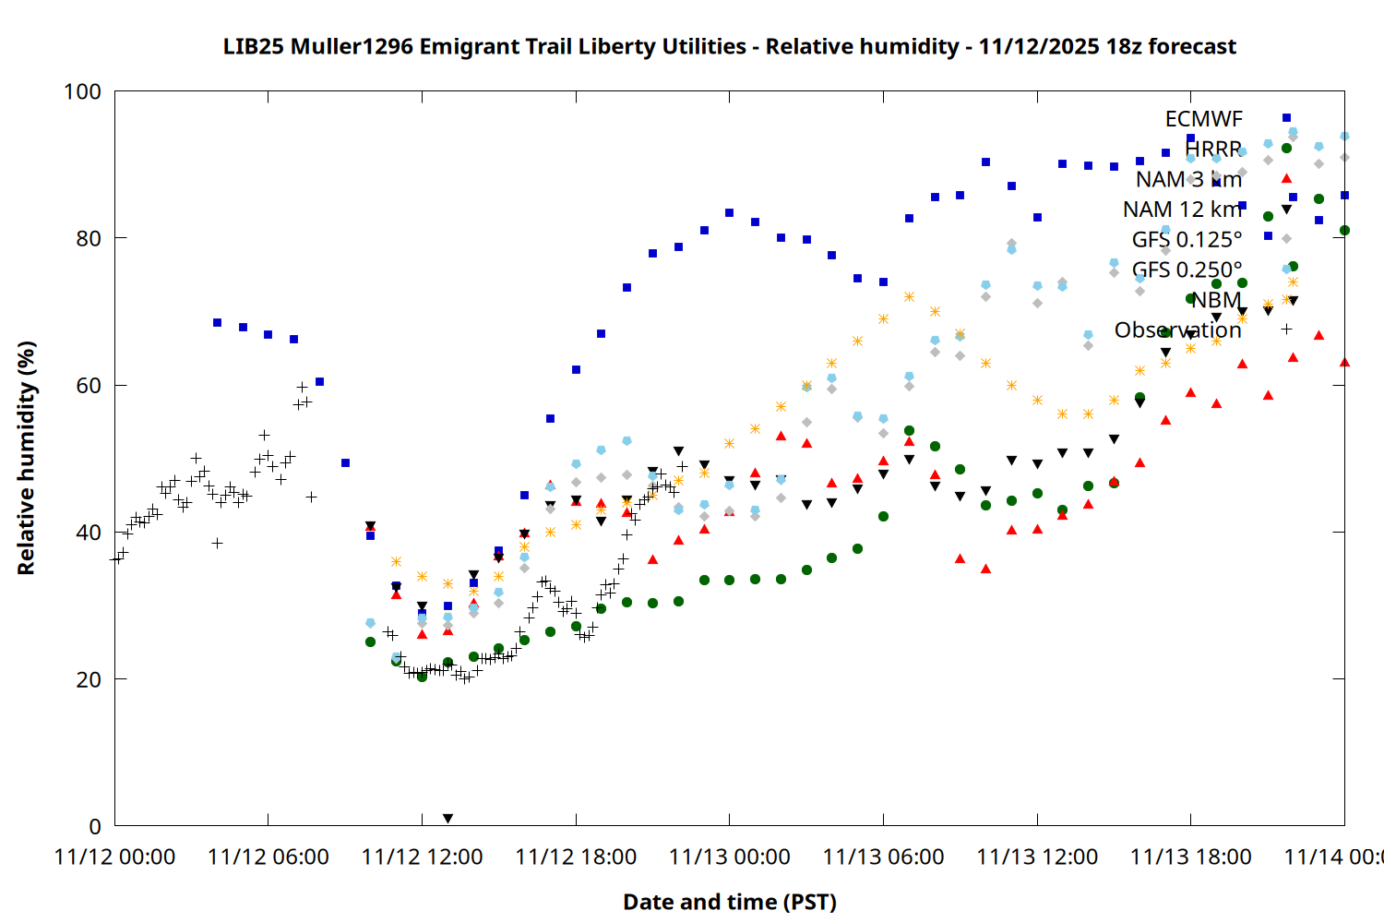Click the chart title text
(x=729, y=46)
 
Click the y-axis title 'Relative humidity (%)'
(x=26, y=458)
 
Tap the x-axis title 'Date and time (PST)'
(x=729, y=902)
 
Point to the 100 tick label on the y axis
(x=82, y=91)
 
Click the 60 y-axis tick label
(x=89, y=385)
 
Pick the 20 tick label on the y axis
(x=89, y=679)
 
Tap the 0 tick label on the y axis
(x=94, y=826)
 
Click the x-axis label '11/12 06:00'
(x=268, y=857)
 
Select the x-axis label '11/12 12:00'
(x=422, y=857)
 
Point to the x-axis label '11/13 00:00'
(x=729, y=857)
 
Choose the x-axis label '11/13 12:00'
(x=1037, y=857)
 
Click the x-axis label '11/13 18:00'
(x=1190, y=857)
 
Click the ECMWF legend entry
(x=1203, y=119)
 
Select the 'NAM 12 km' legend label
(x=1182, y=210)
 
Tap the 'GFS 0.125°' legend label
(x=1187, y=240)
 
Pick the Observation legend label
(x=1177, y=330)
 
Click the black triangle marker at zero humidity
(x=447, y=819)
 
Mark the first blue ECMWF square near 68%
(x=217, y=323)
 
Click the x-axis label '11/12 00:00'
(x=115, y=857)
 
